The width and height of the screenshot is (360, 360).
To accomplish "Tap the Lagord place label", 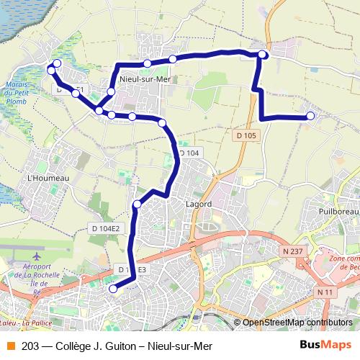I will [x=199, y=204].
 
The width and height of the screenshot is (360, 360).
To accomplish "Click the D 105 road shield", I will [x=246, y=135].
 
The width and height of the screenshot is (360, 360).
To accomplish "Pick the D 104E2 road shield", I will [x=105, y=228].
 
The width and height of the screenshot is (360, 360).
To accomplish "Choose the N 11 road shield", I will [x=325, y=292].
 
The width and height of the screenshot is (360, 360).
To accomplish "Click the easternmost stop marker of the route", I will [x=310, y=116].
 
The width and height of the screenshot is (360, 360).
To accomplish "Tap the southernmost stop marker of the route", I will [x=112, y=289].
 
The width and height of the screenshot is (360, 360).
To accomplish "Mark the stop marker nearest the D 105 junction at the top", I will [x=263, y=55].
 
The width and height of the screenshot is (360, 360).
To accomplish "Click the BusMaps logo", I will [x=325, y=345].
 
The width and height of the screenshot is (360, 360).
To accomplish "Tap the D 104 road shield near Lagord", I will [x=189, y=153].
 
